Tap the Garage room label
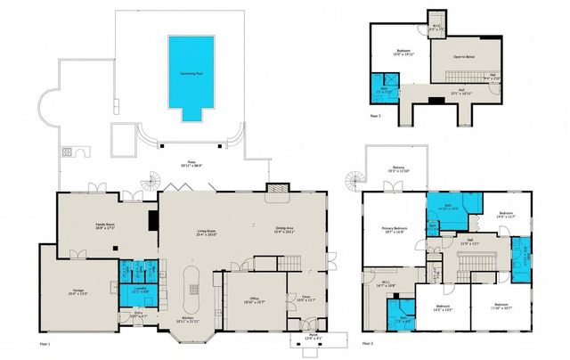coord(79,290)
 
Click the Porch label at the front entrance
coord(311,337)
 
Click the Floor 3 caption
coord(375,116)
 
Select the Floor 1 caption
coord(45,343)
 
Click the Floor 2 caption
coord(369,343)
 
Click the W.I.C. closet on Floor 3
coord(436,29)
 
